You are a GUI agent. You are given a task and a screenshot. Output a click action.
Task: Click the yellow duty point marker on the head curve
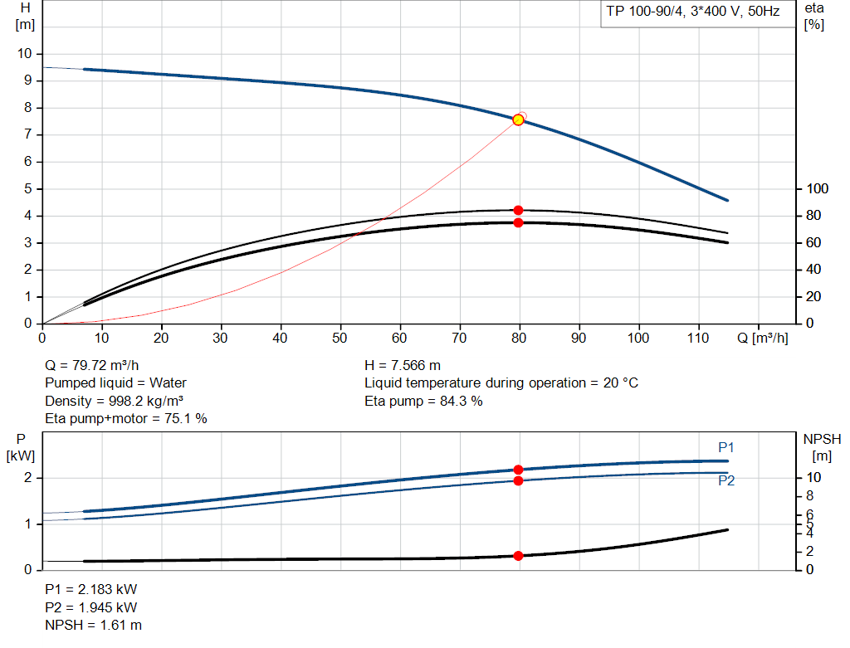(x=518, y=119)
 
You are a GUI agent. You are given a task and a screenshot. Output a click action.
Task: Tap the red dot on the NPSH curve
(x=518, y=556)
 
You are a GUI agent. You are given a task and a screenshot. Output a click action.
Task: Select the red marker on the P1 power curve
(x=518, y=470)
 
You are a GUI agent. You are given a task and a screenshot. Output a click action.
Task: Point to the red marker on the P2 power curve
(x=518, y=480)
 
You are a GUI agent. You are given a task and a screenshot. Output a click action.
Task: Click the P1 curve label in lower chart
(x=726, y=447)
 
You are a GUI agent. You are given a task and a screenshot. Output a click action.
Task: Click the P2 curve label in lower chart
(x=726, y=480)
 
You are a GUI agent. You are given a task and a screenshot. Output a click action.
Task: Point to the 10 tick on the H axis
(x=24, y=54)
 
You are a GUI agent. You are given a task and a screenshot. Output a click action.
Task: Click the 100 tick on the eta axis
(x=817, y=189)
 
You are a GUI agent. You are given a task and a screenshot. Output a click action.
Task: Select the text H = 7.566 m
(x=403, y=365)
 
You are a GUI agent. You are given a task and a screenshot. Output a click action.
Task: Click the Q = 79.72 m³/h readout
(x=92, y=365)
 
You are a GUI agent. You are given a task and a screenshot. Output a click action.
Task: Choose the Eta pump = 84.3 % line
(x=423, y=402)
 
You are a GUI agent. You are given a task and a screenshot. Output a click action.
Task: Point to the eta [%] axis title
(x=813, y=16)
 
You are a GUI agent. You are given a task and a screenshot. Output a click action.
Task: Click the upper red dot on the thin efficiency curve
(x=518, y=210)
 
